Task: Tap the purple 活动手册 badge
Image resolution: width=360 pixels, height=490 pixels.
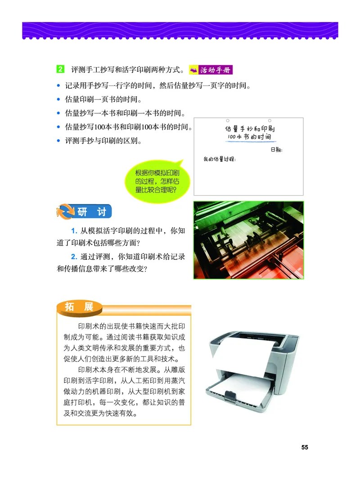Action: (x=211, y=70)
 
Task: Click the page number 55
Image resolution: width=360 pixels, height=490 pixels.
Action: (x=305, y=447)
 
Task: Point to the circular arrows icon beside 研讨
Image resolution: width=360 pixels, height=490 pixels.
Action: (x=64, y=212)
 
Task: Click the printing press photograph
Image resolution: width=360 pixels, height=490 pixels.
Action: (x=248, y=240)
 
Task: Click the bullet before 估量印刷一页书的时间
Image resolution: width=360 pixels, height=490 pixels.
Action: (x=58, y=99)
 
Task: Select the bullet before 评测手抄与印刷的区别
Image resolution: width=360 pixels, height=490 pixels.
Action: (x=58, y=141)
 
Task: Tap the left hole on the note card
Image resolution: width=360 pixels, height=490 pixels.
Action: (x=228, y=121)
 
